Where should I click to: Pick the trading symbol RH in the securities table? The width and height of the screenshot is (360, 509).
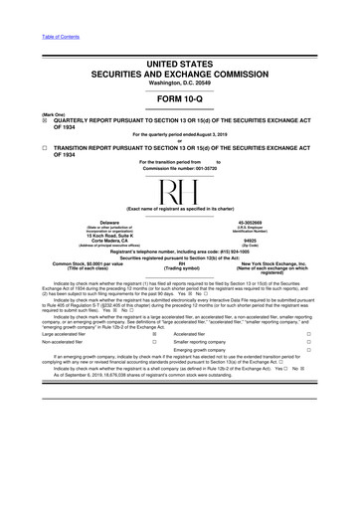[180, 264]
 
